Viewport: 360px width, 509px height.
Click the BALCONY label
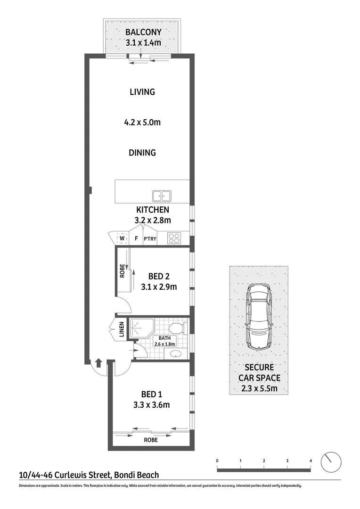(143, 33)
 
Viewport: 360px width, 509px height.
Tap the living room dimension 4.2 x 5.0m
(142, 123)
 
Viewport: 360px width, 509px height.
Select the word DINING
(142, 153)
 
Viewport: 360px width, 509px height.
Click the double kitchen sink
(162, 196)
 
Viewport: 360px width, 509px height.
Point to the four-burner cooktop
(174, 238)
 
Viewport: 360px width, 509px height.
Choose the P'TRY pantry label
(150, 239)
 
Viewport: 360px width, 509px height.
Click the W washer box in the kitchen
(122, 238)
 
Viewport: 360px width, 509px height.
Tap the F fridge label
(136, 239)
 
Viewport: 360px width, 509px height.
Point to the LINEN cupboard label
(121, 330)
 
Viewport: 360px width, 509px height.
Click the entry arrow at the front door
(98, 363)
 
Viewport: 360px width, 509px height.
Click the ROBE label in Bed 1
(151, 440)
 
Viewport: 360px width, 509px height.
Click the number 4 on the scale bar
(311, 460)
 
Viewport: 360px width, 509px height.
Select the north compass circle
(331, 461)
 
